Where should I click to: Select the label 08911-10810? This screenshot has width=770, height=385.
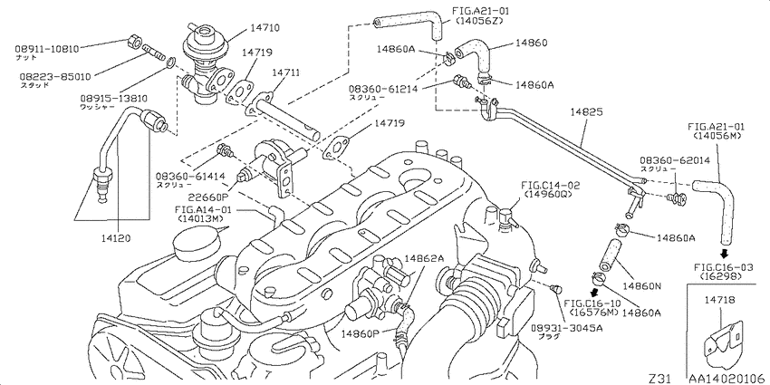coord(47,47)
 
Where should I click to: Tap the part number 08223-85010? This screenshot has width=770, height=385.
coord(47,78)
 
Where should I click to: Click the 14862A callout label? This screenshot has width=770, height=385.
coord(424,258)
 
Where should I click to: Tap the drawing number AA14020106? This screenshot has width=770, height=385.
coord(725,376)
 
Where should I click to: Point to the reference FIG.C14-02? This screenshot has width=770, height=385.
coord(551,184)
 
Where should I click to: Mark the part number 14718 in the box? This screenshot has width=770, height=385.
coord(721,297)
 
